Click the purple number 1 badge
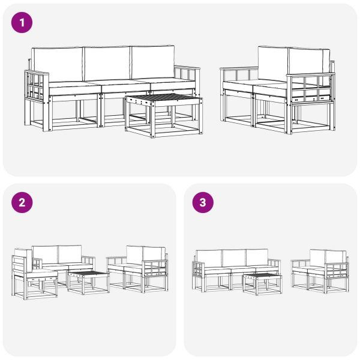pos(22,23)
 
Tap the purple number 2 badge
pos(22,203)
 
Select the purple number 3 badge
pos(202,203)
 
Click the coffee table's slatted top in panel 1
pos(163,98)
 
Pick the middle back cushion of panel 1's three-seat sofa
pos(107,64)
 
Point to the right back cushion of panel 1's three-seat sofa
pos(152,63)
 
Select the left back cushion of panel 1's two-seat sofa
pos(273,63)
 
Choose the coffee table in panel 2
pos(88,281)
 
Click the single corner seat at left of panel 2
pos(34,276)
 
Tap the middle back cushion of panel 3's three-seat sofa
pos(234,258)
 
